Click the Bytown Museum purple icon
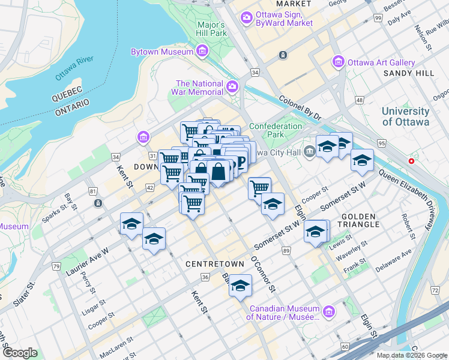click(x=202, y=52)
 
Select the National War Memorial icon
click(x=233, y=88)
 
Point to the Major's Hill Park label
click(x=211, y=29)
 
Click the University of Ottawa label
click(x=405, y=116)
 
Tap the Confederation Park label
click(x=276, y=130)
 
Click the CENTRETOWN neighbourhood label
click(x=214, y=264)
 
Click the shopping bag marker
click(x=220, y=172)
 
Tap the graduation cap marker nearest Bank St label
click(x=241, y=286)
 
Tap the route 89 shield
click(x=285, y=250)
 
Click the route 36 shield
click(x=205, y=277)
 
